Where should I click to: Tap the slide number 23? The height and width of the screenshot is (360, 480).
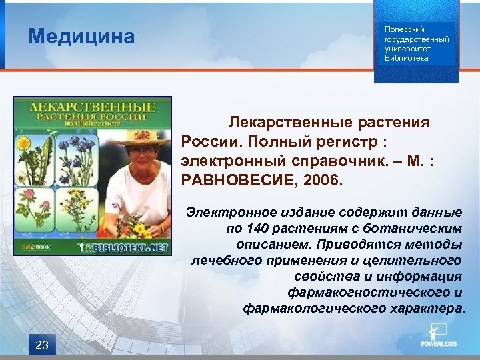[x=42, y=344]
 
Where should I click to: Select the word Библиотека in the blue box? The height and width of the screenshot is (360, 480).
[x=407, y=58]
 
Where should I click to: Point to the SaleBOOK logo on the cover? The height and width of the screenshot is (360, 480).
[x=29, y=247]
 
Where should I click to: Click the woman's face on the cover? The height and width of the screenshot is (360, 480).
[x=145, y=156]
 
